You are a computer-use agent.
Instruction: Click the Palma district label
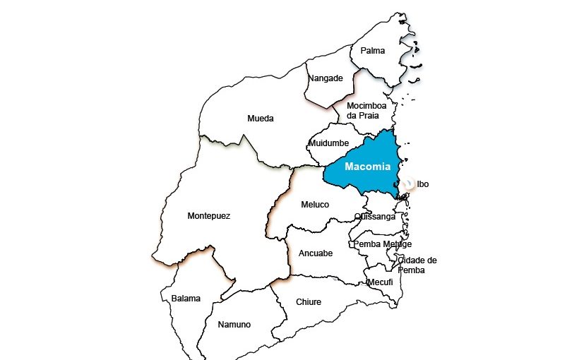pyautogui.click(x=372, y=51)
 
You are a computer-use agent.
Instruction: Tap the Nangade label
pyautogui.click(x=326, y=78)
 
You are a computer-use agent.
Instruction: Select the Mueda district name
pyautogui.click(x=260, y=119)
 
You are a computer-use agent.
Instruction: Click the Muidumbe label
pyautogui.click(x=329, y=143)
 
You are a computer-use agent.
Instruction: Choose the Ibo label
pyautogui.click(x=423, y=184)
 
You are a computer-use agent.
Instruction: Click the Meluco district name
pyautogui.click(x=315, y=204)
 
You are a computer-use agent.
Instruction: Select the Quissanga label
pyautogui.click(x=375, y=217)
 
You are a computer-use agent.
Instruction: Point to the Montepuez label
pyautogui.click(x=208, y=215)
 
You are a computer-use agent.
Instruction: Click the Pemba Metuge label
pyautogui.click(x=382, y=244)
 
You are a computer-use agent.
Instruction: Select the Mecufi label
pyautogui.click(x=380, y=282)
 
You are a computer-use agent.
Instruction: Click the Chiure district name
pyautogui.click(x=309, y=302)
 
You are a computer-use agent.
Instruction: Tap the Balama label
pyautogui.click(x=186, y=299)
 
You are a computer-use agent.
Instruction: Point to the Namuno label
pyautogui.click(x=234, y=325)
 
